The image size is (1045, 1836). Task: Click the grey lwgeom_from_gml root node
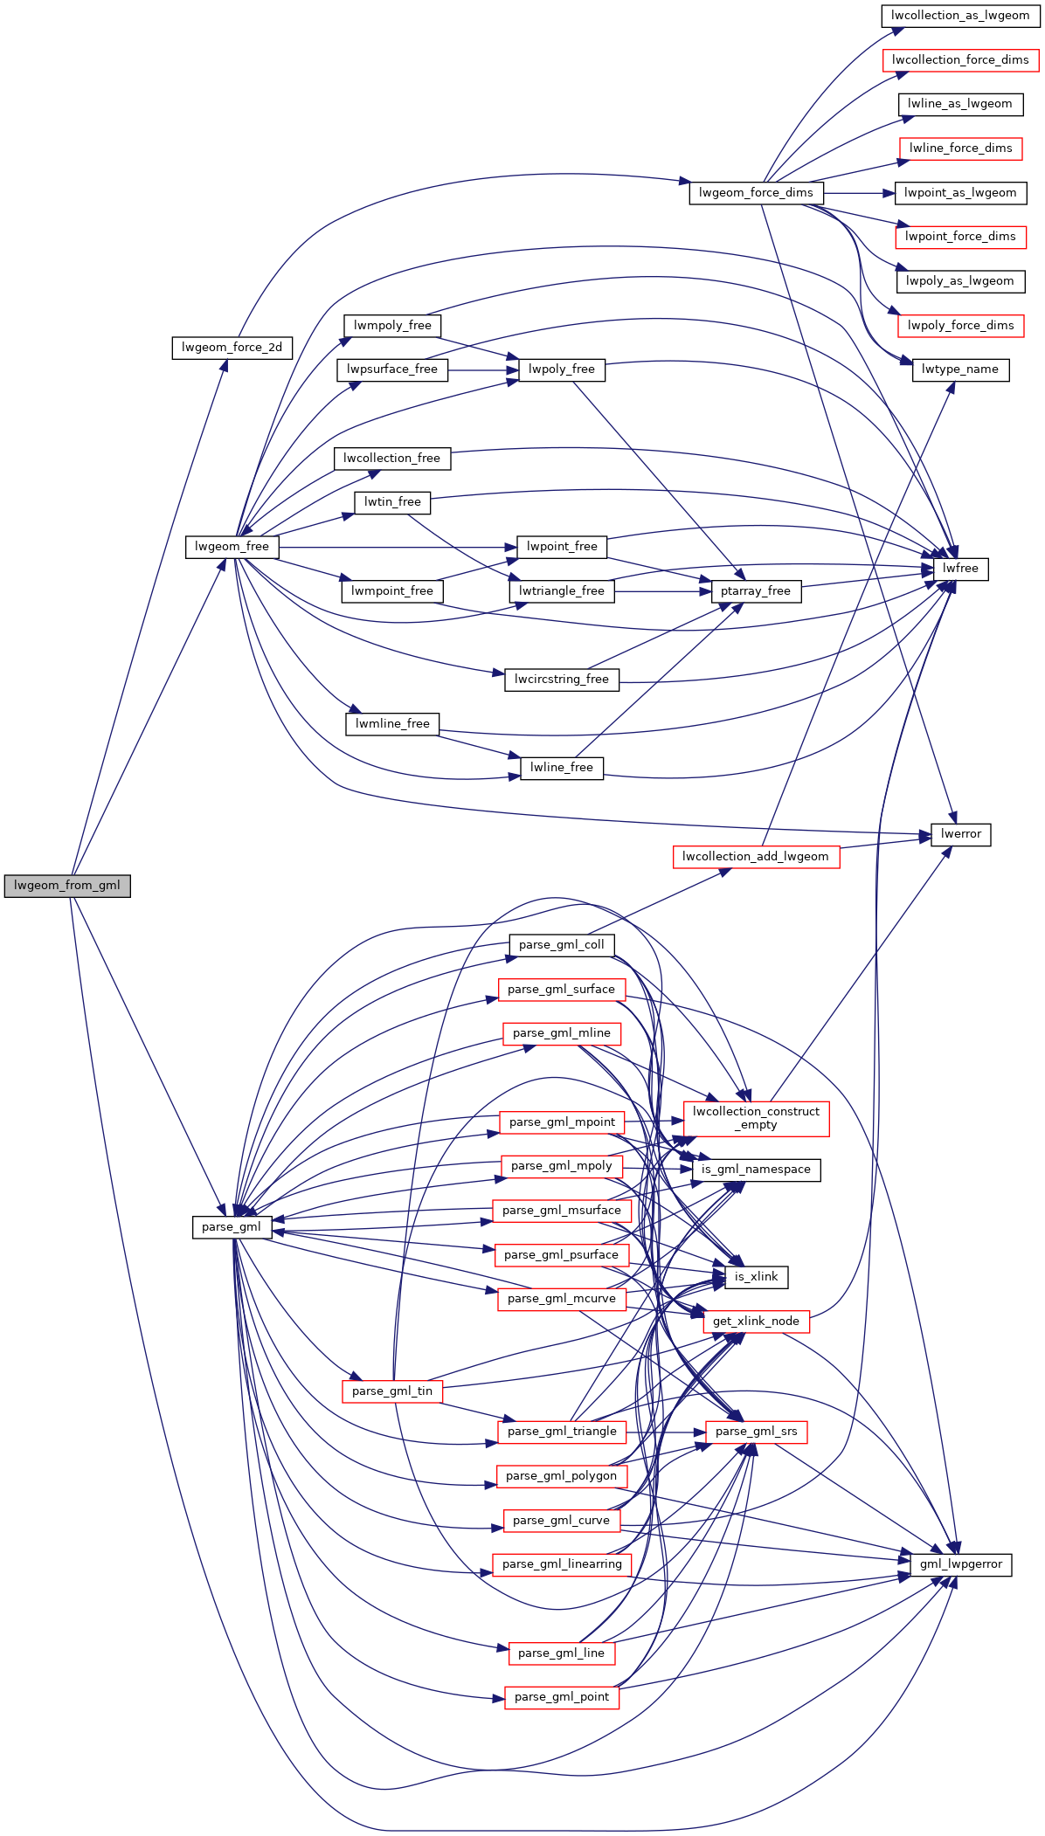click(67, 886)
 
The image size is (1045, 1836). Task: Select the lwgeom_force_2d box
click(232, 348)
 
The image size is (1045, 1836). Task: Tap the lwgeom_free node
click(232, 547)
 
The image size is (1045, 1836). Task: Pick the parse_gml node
click(232, 1227)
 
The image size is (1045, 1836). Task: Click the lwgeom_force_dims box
click(756, 193)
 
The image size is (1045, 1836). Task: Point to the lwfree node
click(960, 569)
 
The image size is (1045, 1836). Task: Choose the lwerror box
click(961, 834)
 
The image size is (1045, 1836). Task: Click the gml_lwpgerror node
click(961, 1564)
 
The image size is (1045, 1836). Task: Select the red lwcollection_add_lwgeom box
click(756, 857)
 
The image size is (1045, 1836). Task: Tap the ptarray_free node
click(756, 591)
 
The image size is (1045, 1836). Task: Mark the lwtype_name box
click(960, 369)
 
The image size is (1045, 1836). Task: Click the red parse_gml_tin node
click(392, 1391)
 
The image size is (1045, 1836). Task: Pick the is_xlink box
click(756, 1277)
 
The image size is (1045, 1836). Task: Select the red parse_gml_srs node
click(756, 1432)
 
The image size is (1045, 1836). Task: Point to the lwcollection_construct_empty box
click(756, 1118)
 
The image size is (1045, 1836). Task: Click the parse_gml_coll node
click(562, 945)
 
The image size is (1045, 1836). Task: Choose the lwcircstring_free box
click(562, 680)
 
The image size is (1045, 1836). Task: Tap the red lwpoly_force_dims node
click(960, 326)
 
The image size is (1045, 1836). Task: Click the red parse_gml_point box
click(562, 1697)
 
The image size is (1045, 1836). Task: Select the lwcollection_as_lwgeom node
click(960, 16)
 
